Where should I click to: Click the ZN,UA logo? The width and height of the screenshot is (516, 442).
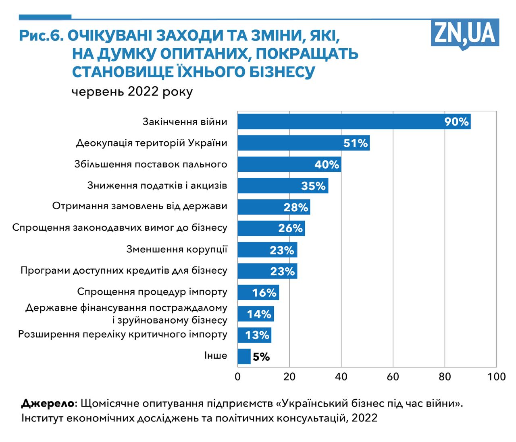(465, 34)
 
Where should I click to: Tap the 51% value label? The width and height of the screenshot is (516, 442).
(356, 143)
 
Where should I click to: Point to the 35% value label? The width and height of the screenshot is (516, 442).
(313, 186)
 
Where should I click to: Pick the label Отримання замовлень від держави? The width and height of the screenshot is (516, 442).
(140, 206)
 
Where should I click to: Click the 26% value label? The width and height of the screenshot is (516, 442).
(290, 228)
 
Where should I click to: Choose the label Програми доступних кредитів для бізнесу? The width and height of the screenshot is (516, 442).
(124, 270)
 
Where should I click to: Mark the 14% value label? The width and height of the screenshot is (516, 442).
(259, 314)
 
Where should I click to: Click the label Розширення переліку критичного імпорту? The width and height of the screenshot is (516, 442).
(123, 335)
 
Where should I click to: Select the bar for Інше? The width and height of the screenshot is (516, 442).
(244, 356)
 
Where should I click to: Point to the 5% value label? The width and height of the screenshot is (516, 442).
(261, 357)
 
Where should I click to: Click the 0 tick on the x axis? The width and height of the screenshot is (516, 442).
(237, 377)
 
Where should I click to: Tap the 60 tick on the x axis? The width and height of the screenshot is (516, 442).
(393, 377)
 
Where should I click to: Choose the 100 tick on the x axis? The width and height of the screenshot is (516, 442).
(496, 377)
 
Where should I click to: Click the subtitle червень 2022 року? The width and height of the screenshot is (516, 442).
(132, 92)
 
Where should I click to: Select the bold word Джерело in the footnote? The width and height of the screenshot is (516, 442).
(48, 403)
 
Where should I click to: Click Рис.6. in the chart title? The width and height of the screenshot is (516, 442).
(41, 37)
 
